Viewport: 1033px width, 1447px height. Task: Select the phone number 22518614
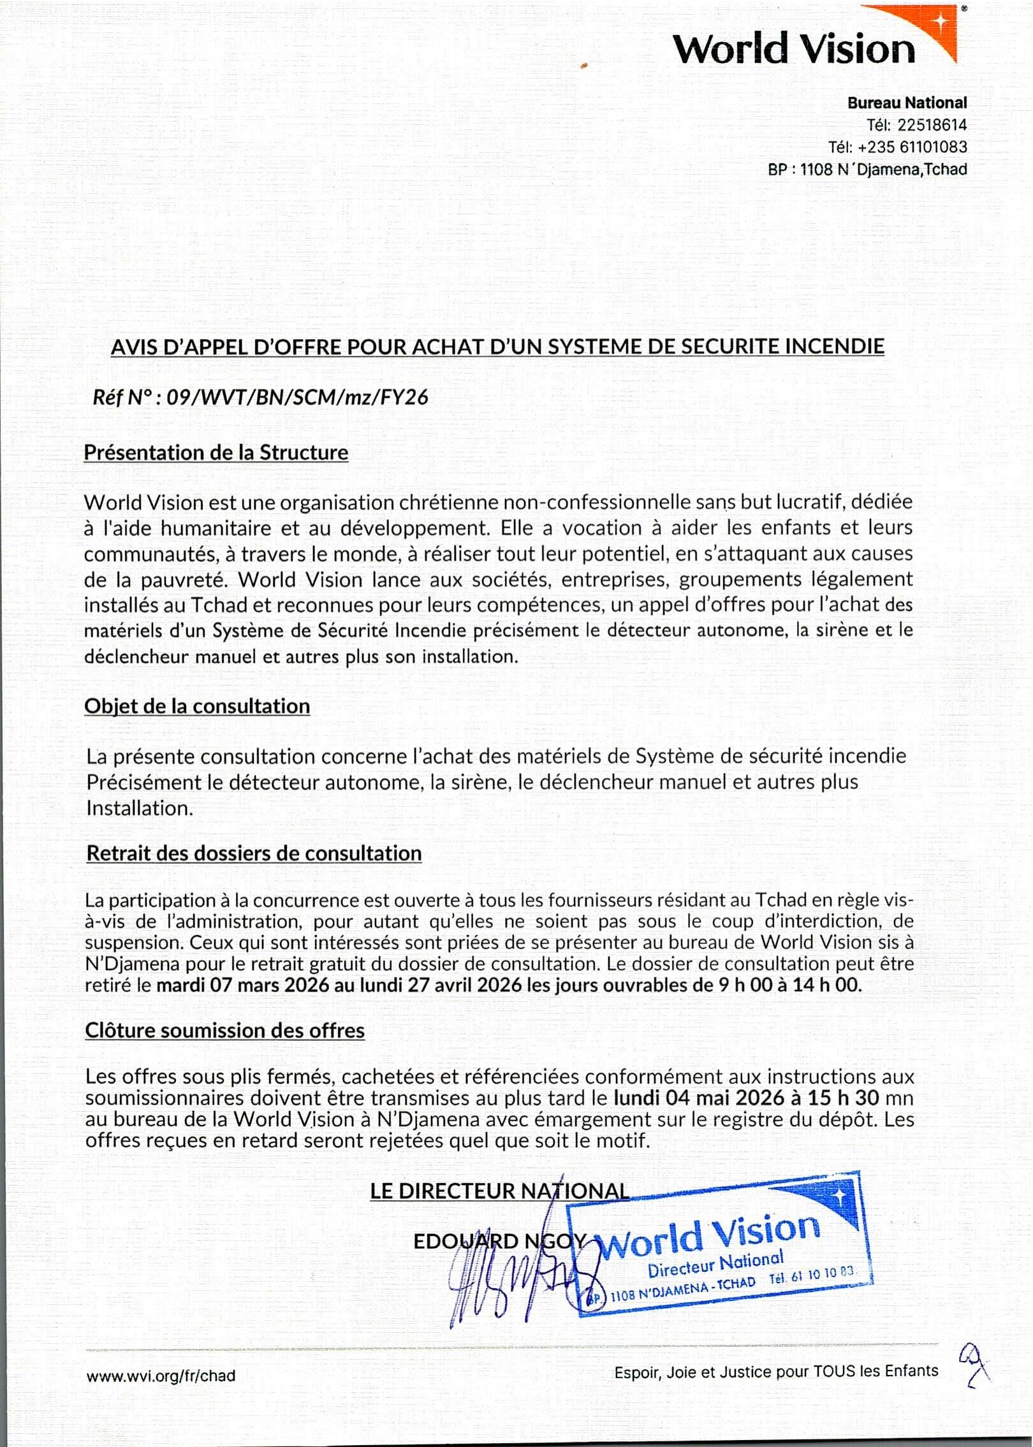(x=932, y=125)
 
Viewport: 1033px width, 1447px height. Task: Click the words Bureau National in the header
(x=907, y=103)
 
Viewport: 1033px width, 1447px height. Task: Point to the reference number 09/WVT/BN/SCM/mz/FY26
(x=297, y=398)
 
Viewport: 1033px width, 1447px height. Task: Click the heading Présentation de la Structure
(x=216, y=453)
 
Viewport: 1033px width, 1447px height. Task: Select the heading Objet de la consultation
(x=197, y=706)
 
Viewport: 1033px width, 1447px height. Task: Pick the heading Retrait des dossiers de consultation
(x=254, y=854)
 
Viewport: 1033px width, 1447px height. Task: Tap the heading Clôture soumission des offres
(x=224, y=1031)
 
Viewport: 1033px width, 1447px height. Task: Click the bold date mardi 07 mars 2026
(x=243, y=985)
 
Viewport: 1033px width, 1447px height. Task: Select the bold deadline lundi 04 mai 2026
(x=699, y=1098)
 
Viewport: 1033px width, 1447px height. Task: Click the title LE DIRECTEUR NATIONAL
(x=499, y=1191)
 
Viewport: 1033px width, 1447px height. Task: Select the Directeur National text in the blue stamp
(x=715, y=1265)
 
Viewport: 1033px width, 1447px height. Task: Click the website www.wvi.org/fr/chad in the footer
(x=161, y=1376)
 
